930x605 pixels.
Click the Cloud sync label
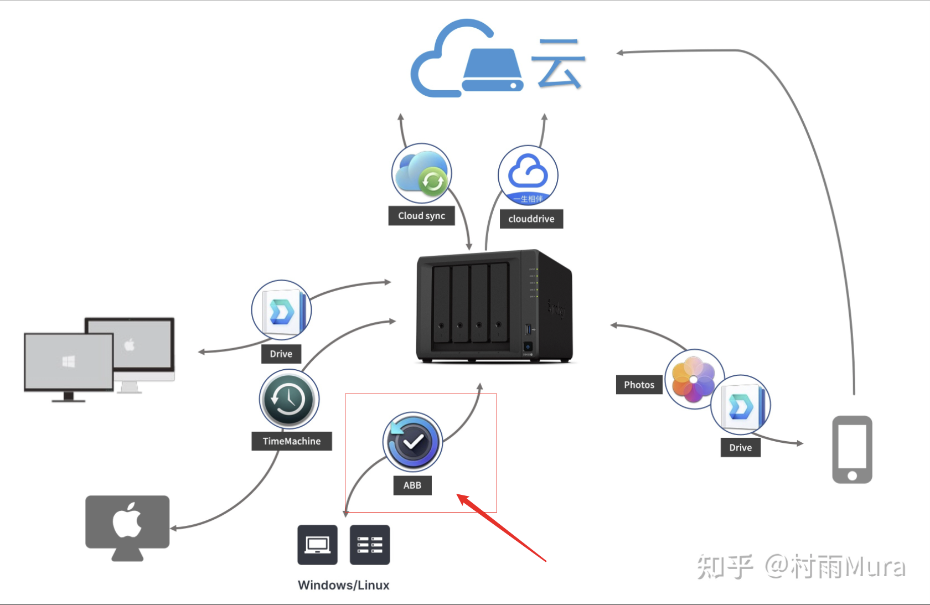pyautogui.click(x=421, y=216)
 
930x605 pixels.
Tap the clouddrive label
pyautogui.click(x=531, y=219)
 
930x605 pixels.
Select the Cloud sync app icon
pyautogui.click(x=422, y=174)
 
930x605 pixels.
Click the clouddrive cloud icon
pyautogui.click(x=528, y=175)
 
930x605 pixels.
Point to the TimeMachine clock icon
pyautogui.click(x=288, y=399)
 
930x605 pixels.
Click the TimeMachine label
pyautogui.click(x=292, y=441)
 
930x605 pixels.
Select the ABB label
pyautogui.click(x=412, y=485)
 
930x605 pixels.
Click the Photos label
pyautogui.click(x=639, y=385)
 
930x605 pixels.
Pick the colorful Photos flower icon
pyautogui.click(x=693, y=379)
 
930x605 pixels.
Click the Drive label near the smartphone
pyautogui.click(x=740, y=447)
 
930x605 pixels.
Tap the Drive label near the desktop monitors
pyautogui.click(x=281, y=354)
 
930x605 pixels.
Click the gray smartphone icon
pyautogui.click(x=852, y=449)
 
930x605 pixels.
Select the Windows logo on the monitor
pyautogui.click(x=69, y=362)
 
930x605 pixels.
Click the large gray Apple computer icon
pyautogui.click(x=127, y=526)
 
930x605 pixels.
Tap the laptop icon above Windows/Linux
pyautogui.click(x=317, y=545)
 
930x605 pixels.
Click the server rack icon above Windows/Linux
pyautogui.click(x=370, y=545)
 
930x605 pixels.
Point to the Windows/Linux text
pyautogui.click(x=343, y=585)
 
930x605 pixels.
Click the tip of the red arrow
pyautogui.click(x=458, y=495)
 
